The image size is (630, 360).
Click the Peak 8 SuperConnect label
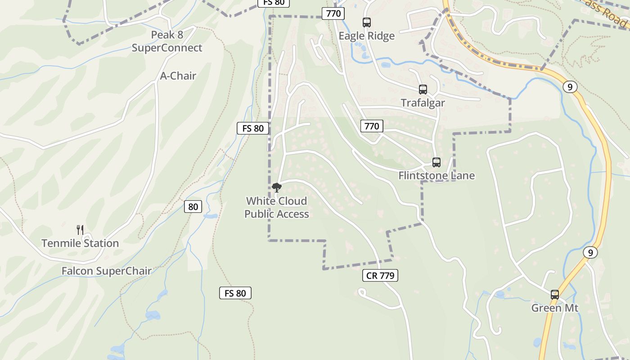pyautogui.click(x=167, y=41)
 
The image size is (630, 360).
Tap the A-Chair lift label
pyautogui.click(x=178, y=76)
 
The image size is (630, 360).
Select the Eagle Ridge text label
pyautogui.click(x=366, y=36)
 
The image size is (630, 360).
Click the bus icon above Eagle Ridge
pyautogui.click(x=367, y=22)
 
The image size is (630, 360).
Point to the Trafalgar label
pyautogui.click(x=423, y=103)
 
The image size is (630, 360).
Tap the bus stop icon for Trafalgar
pyautogui.click(x=423, y=89)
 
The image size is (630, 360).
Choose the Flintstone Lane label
pyautogui.click(x=436, y=175)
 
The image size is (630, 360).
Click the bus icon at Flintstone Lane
pyautogui.click(x=436, y=162)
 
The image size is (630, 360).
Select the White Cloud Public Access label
pyautogui.click(x=277, y=207)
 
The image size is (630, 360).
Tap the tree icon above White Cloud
pyautogui.click(x=277, y=187)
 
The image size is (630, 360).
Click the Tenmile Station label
pyautogui.click(x=80, y=243)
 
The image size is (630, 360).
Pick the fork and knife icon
pyautogui.click(x=80, y=229)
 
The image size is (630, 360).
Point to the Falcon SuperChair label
pyautogui.click(x=106, y=271)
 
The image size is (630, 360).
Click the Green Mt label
pyautogui.click(x=554, y=308)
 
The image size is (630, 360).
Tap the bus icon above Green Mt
pyautogui.click(x=555, y=295)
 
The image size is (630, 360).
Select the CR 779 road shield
pyautogui.click(x=380, y=275)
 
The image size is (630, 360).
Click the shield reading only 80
pyautogui.click(x=193, y=207)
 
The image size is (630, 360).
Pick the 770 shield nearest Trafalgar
pyautogui.click(x=372, y=126)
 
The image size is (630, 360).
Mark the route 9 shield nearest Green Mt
pyautogui.click(x=590, y=252)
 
